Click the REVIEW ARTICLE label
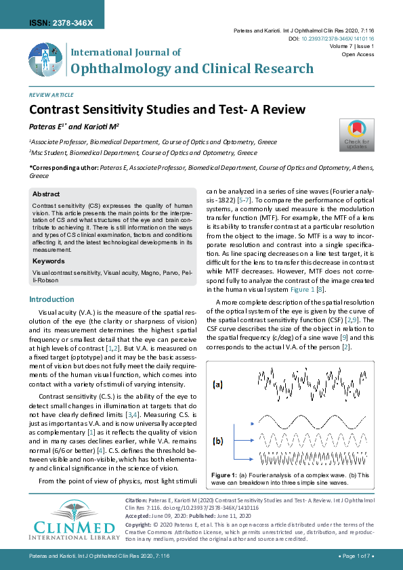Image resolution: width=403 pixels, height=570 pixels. click(x=51, y=95)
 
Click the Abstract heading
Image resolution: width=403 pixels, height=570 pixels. click(x=46, y=194)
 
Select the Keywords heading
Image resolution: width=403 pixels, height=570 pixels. click(x=48, y=260)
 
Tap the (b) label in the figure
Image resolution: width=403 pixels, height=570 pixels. click(x=217, y=441)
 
